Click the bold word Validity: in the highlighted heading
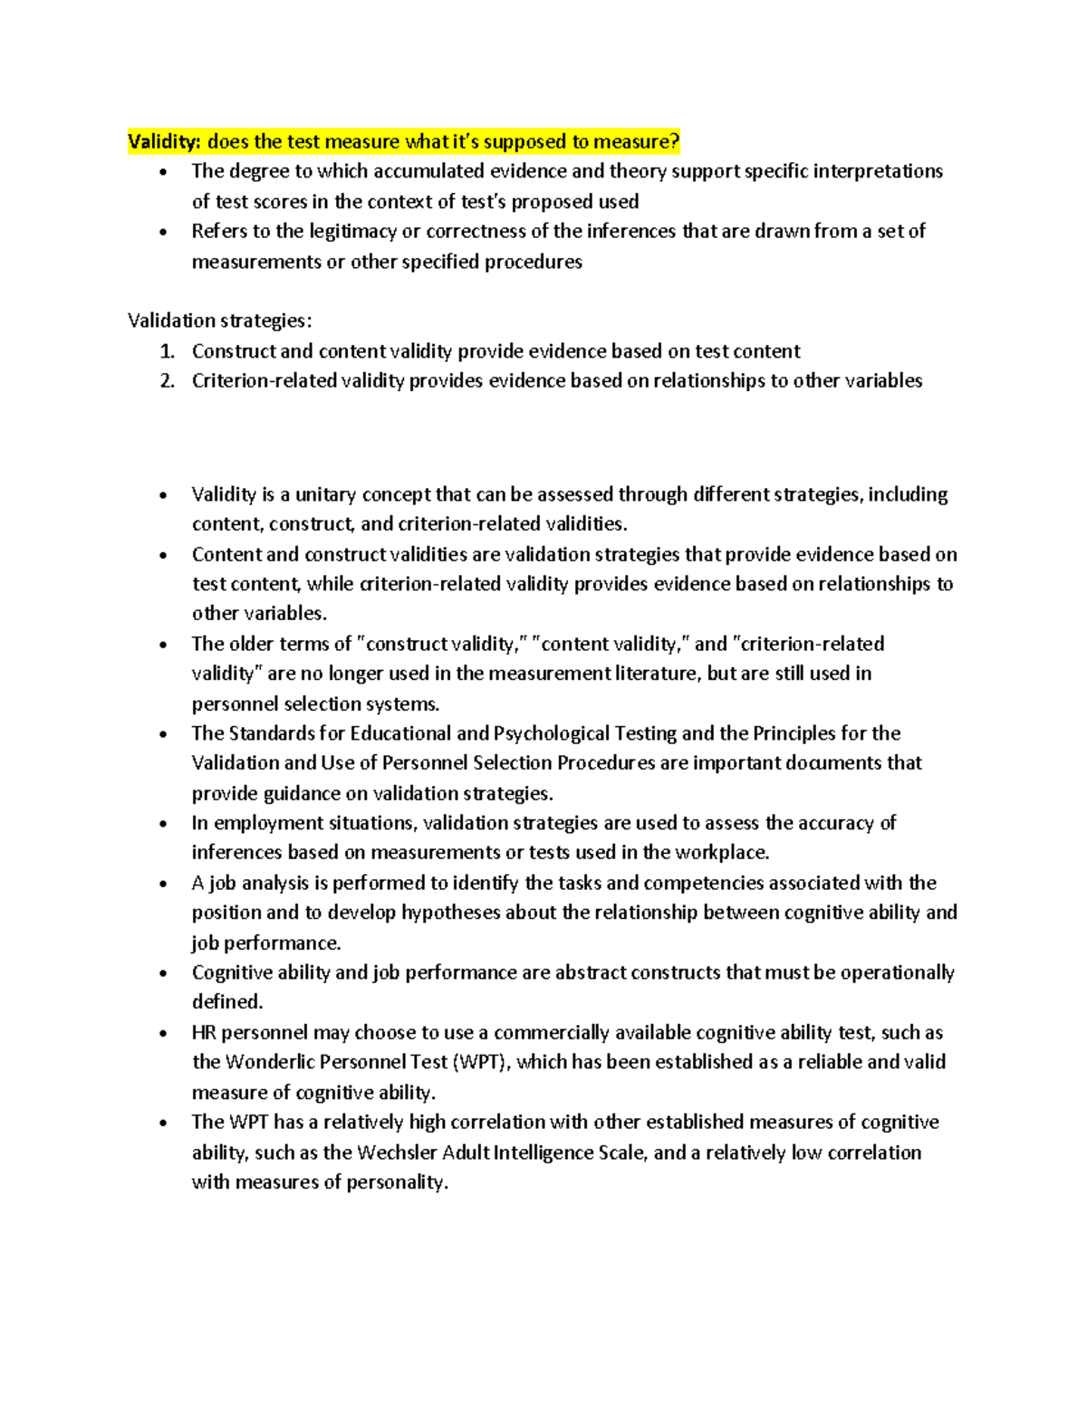tap(165, 142)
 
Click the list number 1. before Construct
tap(165, 351)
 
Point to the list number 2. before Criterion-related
tap(165, 381)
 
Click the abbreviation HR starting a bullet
tap(204, 1033)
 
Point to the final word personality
tap(398, 1182)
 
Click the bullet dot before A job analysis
tap(163, 885)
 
